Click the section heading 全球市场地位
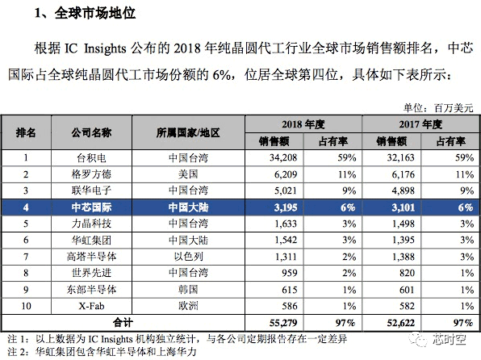94,13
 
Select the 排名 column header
26,132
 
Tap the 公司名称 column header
91,132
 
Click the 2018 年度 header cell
303,124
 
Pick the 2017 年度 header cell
420,124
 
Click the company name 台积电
91,158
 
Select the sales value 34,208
283,157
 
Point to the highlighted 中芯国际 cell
91,207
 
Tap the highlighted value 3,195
286,207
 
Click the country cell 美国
188,174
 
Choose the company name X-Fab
91,306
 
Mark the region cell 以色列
188,256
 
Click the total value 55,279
283,323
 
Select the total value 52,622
400,323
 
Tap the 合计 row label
123,323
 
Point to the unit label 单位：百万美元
438,108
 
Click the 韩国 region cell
188,290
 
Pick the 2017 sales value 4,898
403,190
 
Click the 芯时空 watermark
450,339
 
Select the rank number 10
26,306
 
